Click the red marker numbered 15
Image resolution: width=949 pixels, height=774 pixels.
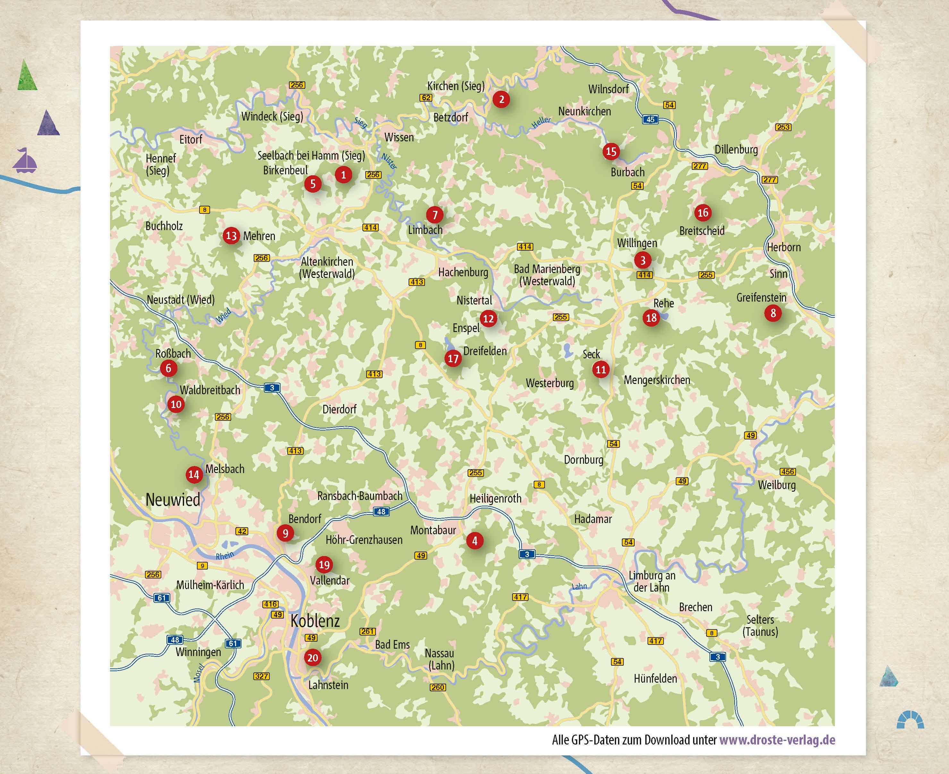tap(611, 152)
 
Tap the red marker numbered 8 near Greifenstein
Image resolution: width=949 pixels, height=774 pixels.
tap(773, 313)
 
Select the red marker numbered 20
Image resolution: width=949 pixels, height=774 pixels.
tap(312, 658)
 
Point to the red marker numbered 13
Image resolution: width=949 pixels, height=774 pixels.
tap(231, 236)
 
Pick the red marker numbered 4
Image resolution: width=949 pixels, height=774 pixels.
tap(475, 541)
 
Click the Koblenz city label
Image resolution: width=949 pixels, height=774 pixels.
tap(315, 620)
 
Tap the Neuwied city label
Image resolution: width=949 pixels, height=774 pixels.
tap(173, 499)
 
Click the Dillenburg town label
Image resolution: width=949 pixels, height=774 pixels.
tap(736, 149)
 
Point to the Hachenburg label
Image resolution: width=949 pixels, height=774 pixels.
tap(463, 272)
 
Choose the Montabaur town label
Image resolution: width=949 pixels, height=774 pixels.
tap(433, 530)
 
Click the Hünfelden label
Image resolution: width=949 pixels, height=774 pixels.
tap(656, 678)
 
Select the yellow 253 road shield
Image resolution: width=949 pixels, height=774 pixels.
tap(783, 127)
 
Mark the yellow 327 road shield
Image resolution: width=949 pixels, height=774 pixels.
tap(261, 676)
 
